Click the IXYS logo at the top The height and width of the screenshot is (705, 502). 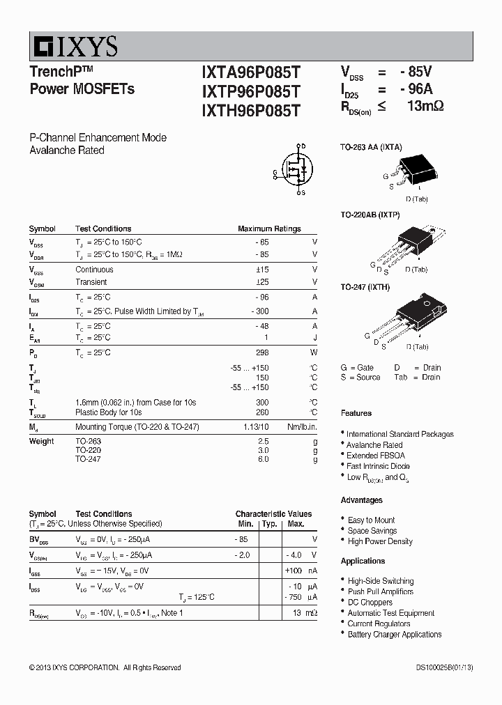click(x=74, y=47)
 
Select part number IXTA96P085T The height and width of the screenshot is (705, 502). click(x=251, y=72)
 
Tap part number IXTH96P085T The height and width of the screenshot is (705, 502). click(x=251, y=110)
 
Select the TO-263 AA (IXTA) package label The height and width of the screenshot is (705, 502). click(x=371, y=147)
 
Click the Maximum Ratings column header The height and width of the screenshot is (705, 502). click(x=269, y=228)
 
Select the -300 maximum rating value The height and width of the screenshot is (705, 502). click(x=259, y=311)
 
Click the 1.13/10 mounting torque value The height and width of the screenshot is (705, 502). click(x=254, y=427)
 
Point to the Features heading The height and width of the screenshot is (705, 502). click(x=356, y=413)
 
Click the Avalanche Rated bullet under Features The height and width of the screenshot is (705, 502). click(x=374, y=444)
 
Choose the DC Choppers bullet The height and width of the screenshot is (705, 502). click(x=370, y=602)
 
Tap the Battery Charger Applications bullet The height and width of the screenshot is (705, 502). click(x=395, y=634)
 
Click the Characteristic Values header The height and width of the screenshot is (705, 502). click(x=273, y=513)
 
